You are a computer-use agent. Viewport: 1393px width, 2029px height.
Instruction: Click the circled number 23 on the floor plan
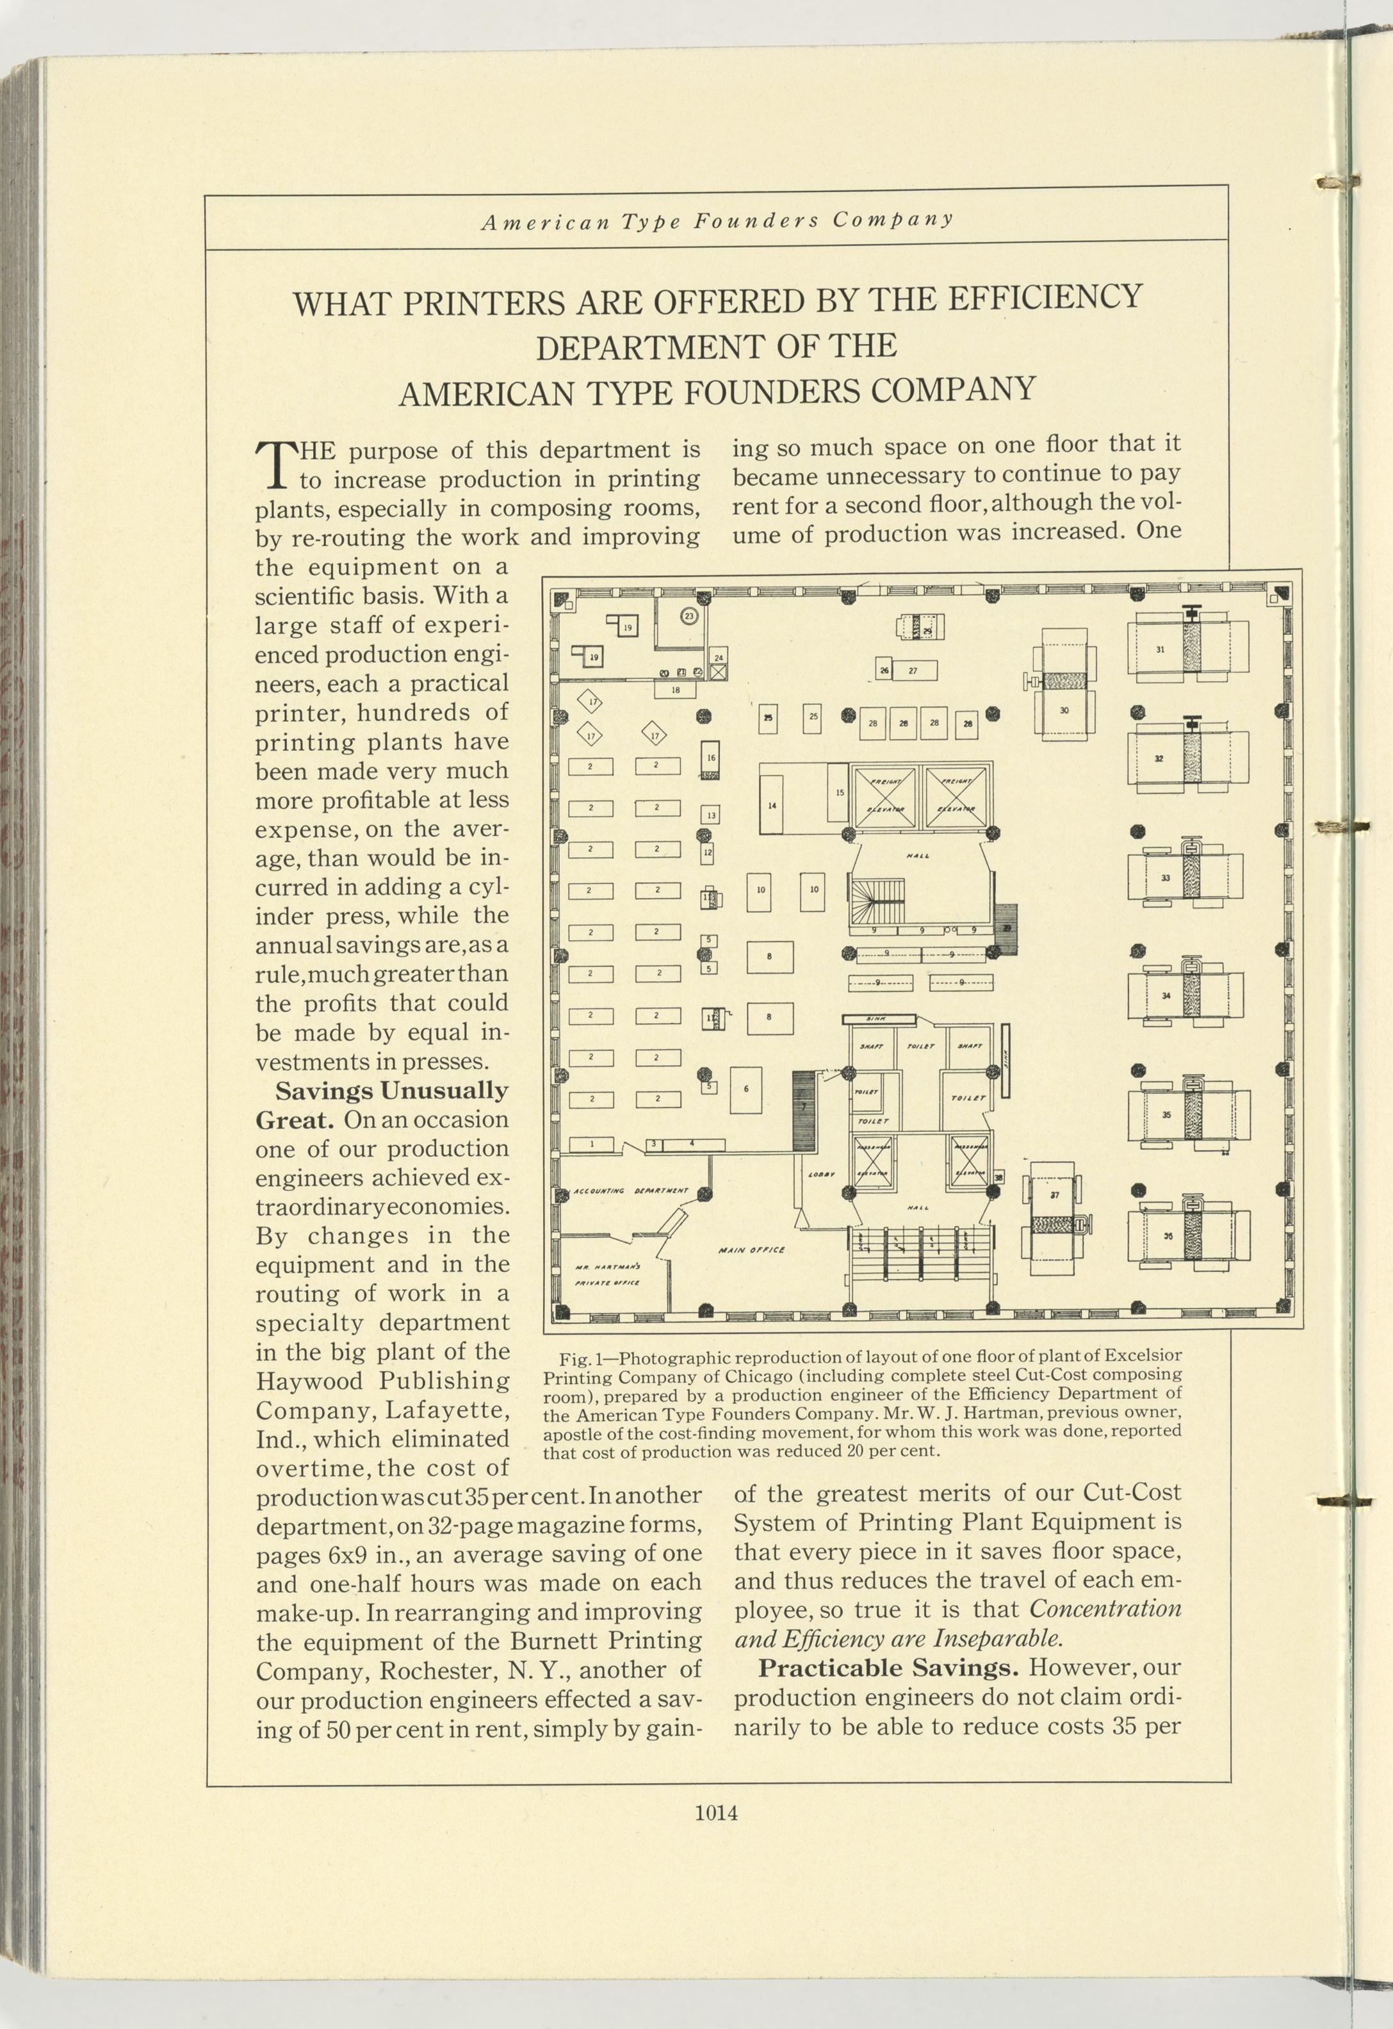tap(688, 615)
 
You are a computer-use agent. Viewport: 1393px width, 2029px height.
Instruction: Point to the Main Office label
tap(751, 1250)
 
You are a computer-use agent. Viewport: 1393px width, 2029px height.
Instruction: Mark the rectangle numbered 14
tap(772, 805)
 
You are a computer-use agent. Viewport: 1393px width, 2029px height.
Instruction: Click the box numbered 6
tap(745, 1089)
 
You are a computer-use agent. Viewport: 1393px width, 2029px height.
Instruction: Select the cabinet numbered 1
tap(591, 1144)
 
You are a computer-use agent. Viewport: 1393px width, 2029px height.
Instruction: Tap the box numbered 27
tap(913, 671)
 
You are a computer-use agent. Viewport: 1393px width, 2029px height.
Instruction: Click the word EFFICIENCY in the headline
tap(1045, 298)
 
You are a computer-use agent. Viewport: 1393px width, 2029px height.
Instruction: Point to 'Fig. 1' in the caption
tap(576, 1359)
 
